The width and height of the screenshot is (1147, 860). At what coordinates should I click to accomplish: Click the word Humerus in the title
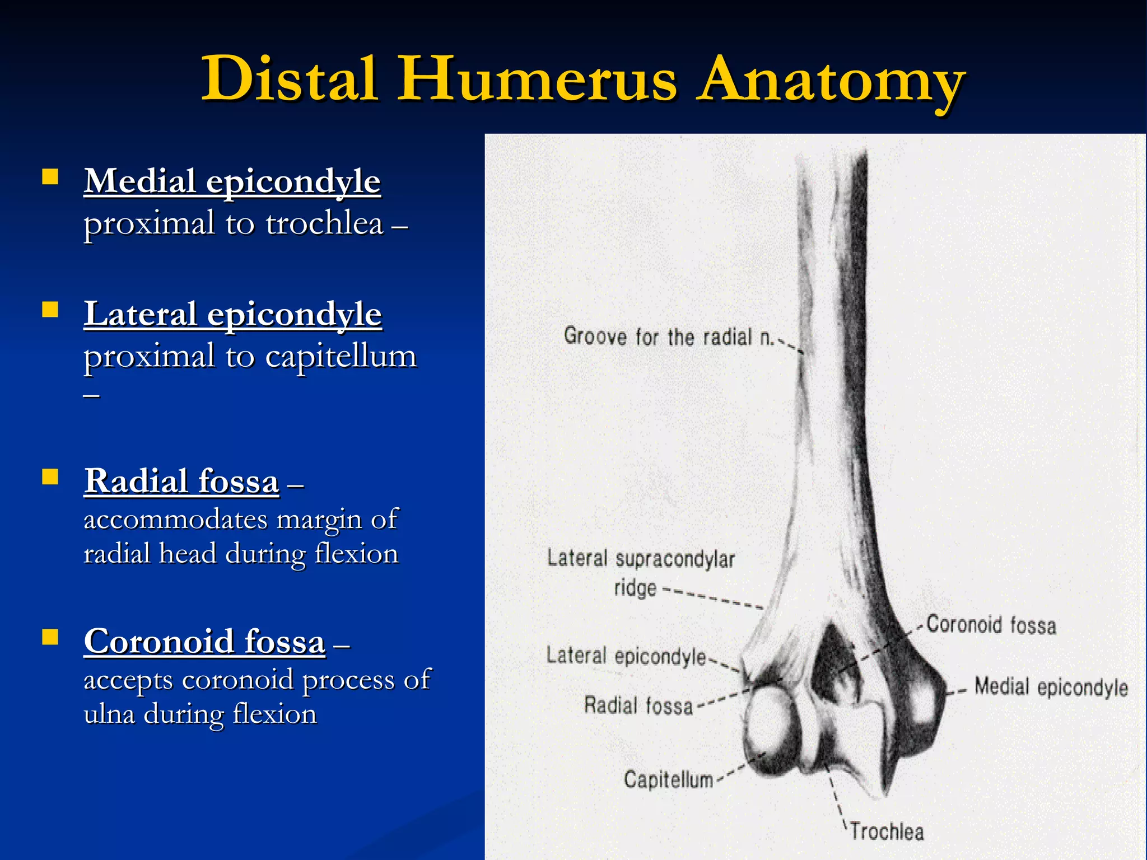(x=537, y=80)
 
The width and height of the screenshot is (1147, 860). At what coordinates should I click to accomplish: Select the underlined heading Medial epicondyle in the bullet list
(x=232, y=182)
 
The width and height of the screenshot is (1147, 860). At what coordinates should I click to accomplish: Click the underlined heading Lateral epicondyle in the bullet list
(x=232, y=314)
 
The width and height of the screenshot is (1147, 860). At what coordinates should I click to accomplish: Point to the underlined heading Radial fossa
(x=181, y=482)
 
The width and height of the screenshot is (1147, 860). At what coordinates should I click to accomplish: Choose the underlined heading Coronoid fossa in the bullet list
(x=204, y=642)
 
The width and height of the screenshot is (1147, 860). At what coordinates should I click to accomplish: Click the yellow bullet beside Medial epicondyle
(x=50, y=177)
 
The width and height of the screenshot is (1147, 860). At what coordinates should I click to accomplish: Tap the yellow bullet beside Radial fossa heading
(x=50, y=477)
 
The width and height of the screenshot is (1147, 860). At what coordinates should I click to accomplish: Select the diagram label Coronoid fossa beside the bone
(x=991, y=625)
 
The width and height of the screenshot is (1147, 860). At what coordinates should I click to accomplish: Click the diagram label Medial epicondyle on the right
(x=1051, y=687)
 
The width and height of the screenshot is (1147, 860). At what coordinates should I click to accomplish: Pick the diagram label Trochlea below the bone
(x=887, y=831)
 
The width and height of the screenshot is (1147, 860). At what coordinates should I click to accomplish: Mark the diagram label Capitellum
(x=668, y=779)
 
